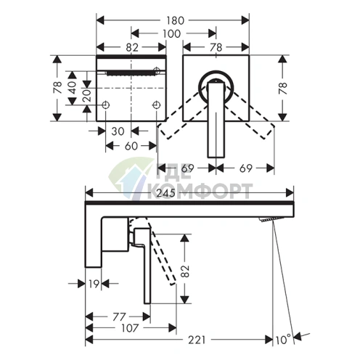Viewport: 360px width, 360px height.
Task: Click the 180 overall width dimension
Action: [x=176, y=20]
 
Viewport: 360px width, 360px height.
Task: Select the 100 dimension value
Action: [x=171, y=33]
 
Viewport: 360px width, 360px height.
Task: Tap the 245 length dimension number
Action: [x=165, y=193]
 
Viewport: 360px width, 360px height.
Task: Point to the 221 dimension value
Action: [x=197, y=340]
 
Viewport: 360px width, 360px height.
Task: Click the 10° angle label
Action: [x=283, y=340]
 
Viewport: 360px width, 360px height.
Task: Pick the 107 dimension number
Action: [x=130, y=328]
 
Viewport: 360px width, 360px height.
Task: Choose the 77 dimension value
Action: [x=119, y=316]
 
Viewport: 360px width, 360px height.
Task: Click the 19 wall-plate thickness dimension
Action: [x=94, y=284]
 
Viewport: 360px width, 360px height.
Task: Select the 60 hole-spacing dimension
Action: [x=131, y=146]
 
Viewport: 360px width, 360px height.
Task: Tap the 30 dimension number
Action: [x=118, y=131]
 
